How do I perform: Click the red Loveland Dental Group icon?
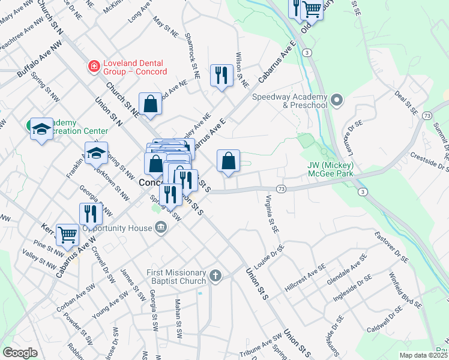click(94, 66)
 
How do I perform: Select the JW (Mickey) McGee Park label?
click(330, 170)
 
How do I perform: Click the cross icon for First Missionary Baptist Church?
click(215, 277)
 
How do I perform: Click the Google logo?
click(20, 352)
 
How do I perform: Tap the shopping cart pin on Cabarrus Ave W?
click(67, 233)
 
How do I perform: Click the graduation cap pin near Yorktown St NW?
click(96, 154)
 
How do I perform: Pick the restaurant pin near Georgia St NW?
click(90, 214)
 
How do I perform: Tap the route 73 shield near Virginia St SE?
click(282, 188)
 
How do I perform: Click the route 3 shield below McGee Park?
click(363, 192)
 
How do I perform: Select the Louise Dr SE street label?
click(271, 254)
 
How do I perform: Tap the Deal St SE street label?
click(406, 103)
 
